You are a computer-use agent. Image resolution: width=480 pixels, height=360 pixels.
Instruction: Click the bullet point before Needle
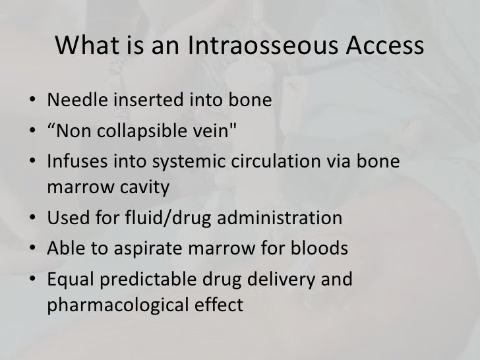pyautogui.click(x=32, y=103)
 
